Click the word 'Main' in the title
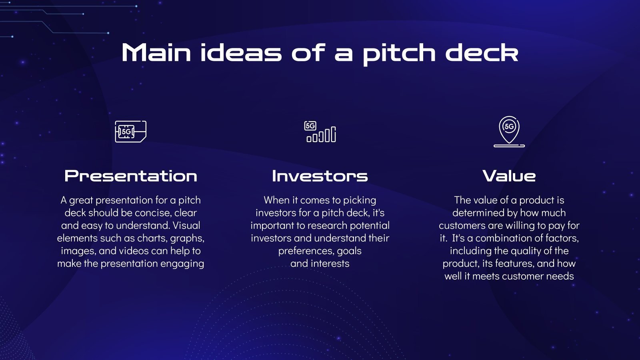tap(156, 53)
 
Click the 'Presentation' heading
tap(131, 176)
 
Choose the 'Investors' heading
tap(320, 176)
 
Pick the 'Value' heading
tap(509, 176)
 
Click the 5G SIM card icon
tap(130, 131)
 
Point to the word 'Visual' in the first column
tap(186, 226)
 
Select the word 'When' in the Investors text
tap(276, 200)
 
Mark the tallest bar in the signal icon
tap(334, 134)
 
